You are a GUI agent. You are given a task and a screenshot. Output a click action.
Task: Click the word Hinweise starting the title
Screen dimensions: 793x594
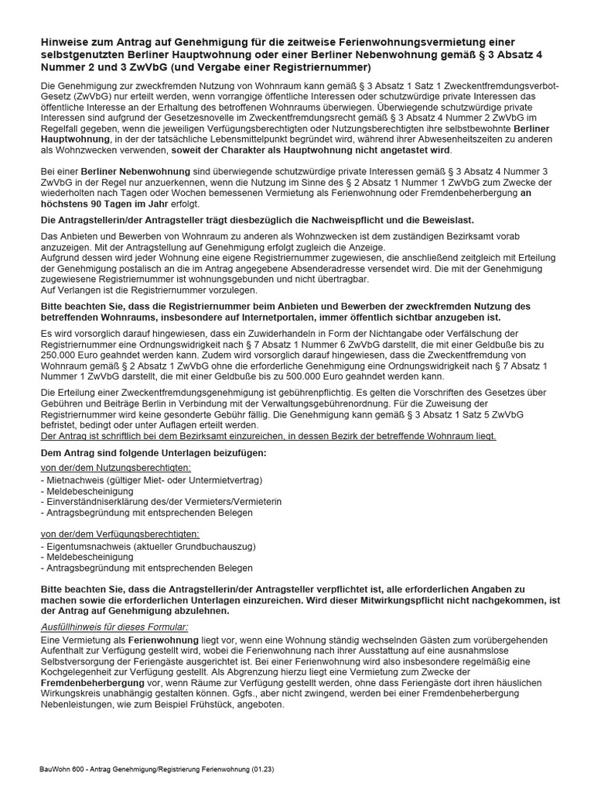pyautogui.click(x=66, y=42)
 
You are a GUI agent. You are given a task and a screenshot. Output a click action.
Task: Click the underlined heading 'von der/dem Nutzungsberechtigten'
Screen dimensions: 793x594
pyautogui.click(x=115, y=469)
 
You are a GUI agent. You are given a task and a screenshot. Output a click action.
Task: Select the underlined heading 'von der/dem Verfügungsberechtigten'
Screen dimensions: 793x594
pyautogui.click(x=119, y=534)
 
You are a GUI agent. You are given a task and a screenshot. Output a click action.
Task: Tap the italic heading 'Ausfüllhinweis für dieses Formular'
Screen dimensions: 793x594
pyautogui.click(x=114, y=626)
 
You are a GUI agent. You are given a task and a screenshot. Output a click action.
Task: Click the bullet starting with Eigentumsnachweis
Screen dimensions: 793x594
pyautogui.click(x=148, y=546)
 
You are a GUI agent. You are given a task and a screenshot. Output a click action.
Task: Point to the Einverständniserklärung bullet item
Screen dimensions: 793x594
pyautogui.click(x=162, y=502)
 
